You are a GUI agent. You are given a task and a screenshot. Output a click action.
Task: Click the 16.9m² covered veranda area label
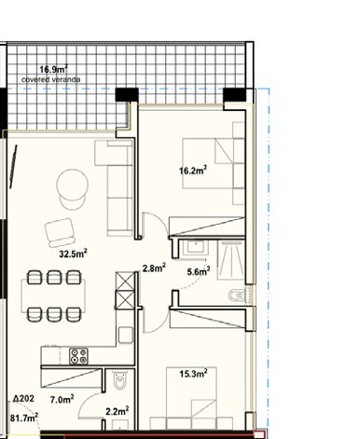pos(53,69)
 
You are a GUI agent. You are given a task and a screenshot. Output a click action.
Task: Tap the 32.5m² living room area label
pos(73,254)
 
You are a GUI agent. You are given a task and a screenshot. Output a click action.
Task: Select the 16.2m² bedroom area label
pos(193,171)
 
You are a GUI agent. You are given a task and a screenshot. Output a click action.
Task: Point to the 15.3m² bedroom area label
pos(193,374)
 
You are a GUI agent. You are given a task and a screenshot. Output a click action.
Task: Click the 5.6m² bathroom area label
pos(199,271)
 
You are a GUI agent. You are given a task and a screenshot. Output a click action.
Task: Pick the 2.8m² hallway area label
pos(154,268)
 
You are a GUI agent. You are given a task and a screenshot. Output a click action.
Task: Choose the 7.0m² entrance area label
pos(62,399)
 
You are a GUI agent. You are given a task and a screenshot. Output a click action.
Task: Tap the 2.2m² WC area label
pos(118,411)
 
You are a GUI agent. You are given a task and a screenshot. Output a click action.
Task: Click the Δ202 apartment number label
pos(23,399)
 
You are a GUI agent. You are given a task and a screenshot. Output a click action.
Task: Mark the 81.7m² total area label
pos(24,418)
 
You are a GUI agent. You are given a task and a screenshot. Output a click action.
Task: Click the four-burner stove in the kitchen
pos(78,356)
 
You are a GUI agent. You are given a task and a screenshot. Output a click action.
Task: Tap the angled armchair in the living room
pos(60,233)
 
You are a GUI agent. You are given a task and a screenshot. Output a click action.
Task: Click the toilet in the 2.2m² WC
pos(119,380)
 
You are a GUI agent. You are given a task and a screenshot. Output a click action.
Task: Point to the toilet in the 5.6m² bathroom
pos(238,295)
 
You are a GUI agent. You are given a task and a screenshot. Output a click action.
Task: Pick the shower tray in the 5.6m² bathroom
pos(231,260)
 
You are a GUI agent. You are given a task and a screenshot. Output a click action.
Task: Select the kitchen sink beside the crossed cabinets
pos(126,335)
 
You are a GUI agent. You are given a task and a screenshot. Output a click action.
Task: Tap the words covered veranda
pos(51,79)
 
